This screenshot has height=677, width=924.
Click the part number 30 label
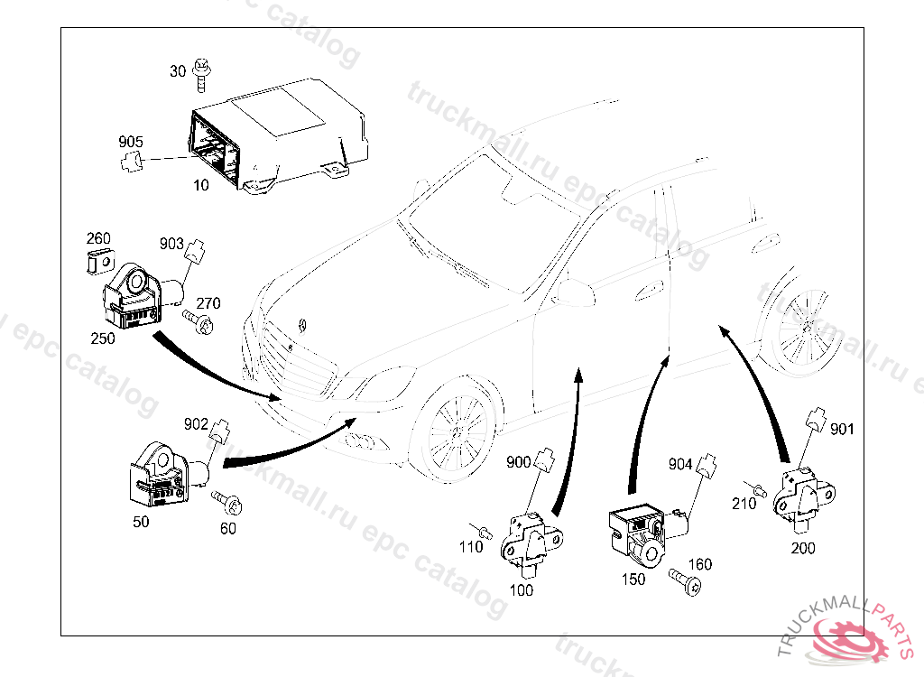[x=177, y=71]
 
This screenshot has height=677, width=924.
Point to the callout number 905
[x=131, y=142]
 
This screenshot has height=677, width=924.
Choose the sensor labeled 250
[x=135, y=296]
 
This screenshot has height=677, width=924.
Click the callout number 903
[x=171, y=243]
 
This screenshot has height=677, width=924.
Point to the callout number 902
[x=196, y=422]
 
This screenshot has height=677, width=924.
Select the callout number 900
[x=518, y=462]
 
